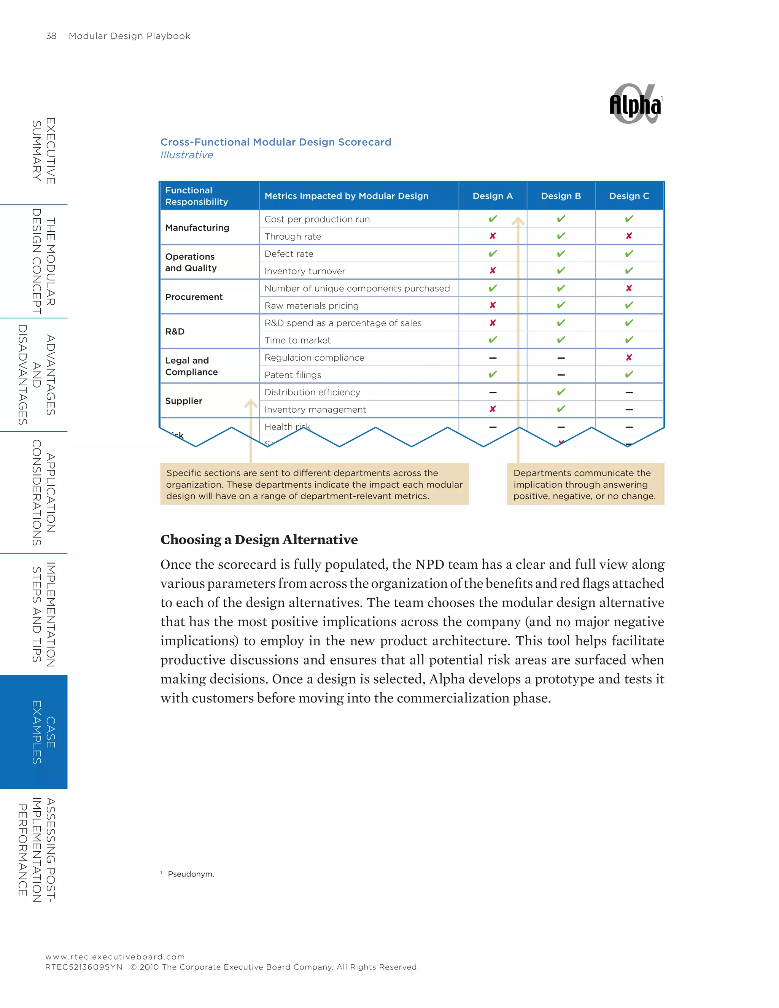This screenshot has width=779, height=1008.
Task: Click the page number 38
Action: point(51,36)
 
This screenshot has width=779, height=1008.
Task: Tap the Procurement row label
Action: point(194,297)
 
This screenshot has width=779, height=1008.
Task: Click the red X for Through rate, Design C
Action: point(628,236)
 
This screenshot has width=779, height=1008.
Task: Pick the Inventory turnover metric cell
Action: point(305,271)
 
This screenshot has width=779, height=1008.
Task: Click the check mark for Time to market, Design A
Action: point(493,340)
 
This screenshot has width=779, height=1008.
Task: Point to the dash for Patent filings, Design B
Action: point(561,375)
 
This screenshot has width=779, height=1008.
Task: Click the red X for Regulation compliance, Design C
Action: point(628,357)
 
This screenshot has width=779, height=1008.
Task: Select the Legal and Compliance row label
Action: point(191,366)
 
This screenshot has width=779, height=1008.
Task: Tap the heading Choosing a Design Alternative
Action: point(259,539)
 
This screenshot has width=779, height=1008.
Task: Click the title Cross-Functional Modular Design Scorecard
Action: point(275,142)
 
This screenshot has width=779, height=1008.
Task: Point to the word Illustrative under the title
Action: point(186,155)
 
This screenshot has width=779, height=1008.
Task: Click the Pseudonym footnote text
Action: point(191,874)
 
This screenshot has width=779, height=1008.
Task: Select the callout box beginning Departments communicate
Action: point(585,484)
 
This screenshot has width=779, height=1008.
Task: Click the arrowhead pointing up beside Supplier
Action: point(251,404)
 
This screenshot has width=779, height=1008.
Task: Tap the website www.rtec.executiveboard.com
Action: point(115,957)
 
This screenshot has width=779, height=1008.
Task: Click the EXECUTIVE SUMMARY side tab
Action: point(44,151)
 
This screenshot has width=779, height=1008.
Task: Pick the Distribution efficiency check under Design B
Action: point(561,392)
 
